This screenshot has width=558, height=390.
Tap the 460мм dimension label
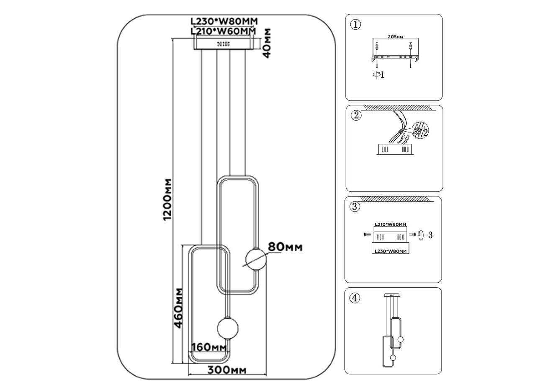click(x=180, y=308)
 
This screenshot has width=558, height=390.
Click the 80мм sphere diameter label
click(x=285, y=247)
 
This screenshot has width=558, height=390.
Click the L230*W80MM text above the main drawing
click(x=224, y=21)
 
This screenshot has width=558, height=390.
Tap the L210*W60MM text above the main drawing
click(x=223, y=31)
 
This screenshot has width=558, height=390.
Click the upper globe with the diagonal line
click(x=255, y=259)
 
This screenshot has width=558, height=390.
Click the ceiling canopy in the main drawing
click(x=224, y=43)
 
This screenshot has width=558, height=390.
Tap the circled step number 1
click(x=355, y=25)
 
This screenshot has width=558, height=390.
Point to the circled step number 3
click(x=355, y=206)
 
